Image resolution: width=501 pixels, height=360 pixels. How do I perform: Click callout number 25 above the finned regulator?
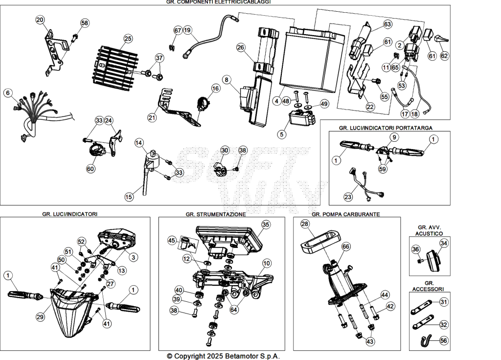pyautogui.click(x=128, y=39)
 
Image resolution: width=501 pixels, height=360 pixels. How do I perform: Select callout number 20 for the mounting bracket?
pyautogui.click(x=40, y=20)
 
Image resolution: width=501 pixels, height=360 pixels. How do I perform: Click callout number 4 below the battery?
pyautogui.click(x=277, y=101)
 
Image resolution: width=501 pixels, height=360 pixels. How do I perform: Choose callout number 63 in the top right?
pyautogui.click(x=387, y=24)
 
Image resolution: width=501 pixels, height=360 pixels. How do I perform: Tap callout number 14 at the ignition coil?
pyautogui.click(x=138, y=142)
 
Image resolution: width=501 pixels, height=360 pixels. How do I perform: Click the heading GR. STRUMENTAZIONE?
pyautogui.click(x=216, y=214)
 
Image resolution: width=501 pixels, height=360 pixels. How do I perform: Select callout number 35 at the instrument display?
pyautogui.click(x=266, y=225)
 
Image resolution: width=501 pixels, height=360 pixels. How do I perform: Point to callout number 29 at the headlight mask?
pyautogui.click(x=40, y=317)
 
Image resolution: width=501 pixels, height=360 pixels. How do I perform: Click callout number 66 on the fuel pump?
pyautogui.click(x=346, y=247)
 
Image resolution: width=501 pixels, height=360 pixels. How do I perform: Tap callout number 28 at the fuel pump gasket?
pyautogui.click(x=305, y=224)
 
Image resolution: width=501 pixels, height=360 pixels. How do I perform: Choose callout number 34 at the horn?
pyautogui.click(x=444, y=244)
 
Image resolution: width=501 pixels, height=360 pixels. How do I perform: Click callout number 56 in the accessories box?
pyautogui.click(x=443, y=340)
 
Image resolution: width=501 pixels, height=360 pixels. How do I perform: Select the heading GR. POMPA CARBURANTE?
pyautogui.click(x=346, y=214)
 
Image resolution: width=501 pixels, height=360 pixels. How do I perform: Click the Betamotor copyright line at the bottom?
pyautogui.click(x=223, y=356)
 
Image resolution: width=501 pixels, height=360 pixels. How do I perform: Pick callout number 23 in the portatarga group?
pyautogui.click(x=348, y=197)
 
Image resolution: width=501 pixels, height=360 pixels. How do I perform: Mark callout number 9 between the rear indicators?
pyautogui.click(x=394, y=137)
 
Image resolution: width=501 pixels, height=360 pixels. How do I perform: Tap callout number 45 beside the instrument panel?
pyautogui.click(x=172, y=240)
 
